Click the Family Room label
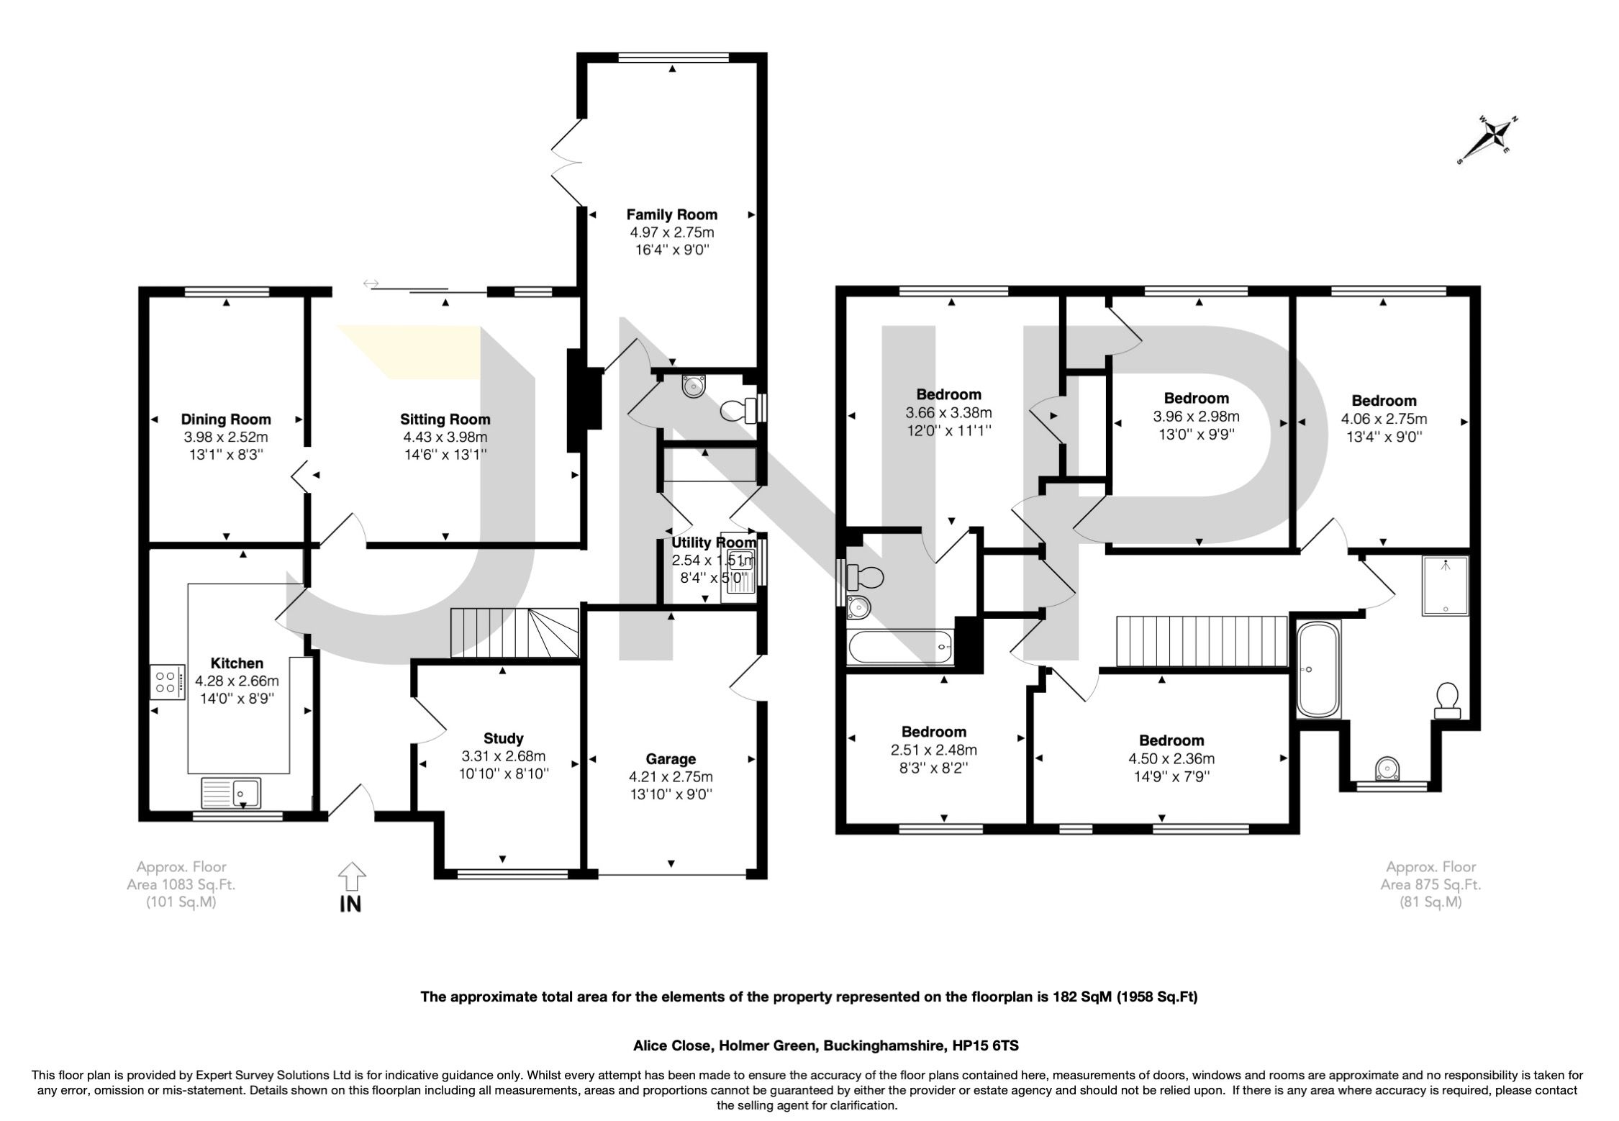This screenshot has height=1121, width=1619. click(x=671, y=214)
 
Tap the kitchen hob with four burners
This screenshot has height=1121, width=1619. click(x=165, y=681)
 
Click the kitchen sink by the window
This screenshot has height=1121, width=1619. click(x=232, y=793)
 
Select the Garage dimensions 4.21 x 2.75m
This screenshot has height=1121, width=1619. click(x=671, y=777)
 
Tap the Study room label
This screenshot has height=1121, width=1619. click(x=503, y=738)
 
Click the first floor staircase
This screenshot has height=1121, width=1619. click(x=1201, y=642)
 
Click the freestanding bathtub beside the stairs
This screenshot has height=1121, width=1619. click(x=1318, y=670)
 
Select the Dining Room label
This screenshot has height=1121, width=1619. click(x=226, y=419)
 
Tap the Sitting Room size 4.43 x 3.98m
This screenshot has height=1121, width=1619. click(x=445, y=437)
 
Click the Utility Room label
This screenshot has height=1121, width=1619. click(x=714, y=543)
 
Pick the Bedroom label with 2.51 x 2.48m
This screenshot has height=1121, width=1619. click(x=933, y=732)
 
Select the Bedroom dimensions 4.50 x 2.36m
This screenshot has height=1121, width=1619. click(x=1171, y=758)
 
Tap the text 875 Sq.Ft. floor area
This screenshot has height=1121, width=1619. click(x=1430, y=885)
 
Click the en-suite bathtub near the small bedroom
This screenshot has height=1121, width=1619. click(x=900, y=647)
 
